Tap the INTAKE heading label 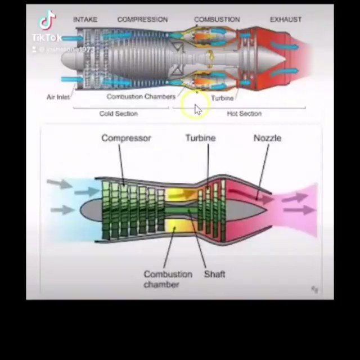click(x=85, y=19)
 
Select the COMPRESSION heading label click(x=142, y=19)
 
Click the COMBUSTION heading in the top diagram click(x=217, y=19)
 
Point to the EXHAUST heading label click(x=285, y=19)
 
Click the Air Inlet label click(x=58, y=97)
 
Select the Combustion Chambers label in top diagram click(x=141, y=96)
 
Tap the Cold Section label click(x=118, y=113)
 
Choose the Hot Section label click(x=244, y=113)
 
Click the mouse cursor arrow click(x=197, y=109)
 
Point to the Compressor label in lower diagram click(x=126, y=138)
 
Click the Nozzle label click(x=267, y=138)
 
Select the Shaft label click(x=214, y=274)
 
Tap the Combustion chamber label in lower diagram click(x=168, y=279)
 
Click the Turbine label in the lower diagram click(x=200, y=138)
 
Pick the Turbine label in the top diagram click(x=222, y=97)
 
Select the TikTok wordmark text click(x=47, y=38)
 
